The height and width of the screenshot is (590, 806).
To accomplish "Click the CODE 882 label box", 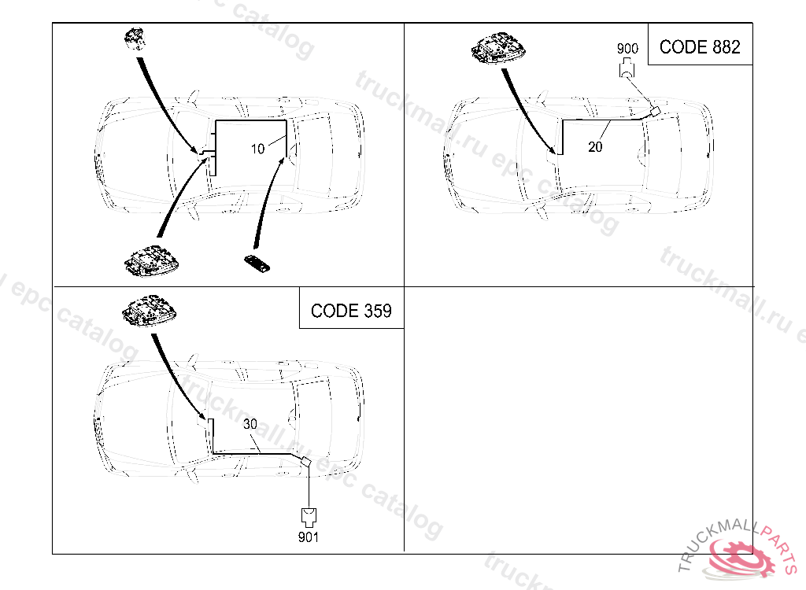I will point(700,46).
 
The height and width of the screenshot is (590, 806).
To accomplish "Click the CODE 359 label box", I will point(351,310).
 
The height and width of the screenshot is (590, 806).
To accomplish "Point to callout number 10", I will point(258,149).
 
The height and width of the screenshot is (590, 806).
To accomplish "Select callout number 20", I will point(595,146).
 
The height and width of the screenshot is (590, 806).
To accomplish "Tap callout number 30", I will point(250,424).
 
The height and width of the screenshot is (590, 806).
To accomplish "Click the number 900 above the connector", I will point(627,48).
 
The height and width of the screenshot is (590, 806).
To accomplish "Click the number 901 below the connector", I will point(309,538).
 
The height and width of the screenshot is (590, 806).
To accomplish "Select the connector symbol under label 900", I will point(627,69).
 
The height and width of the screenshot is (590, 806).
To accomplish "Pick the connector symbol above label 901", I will point(308,516).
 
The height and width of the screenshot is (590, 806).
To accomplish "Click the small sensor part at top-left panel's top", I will point(136,39).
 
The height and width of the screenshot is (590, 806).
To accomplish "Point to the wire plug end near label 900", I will point(653,111).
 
